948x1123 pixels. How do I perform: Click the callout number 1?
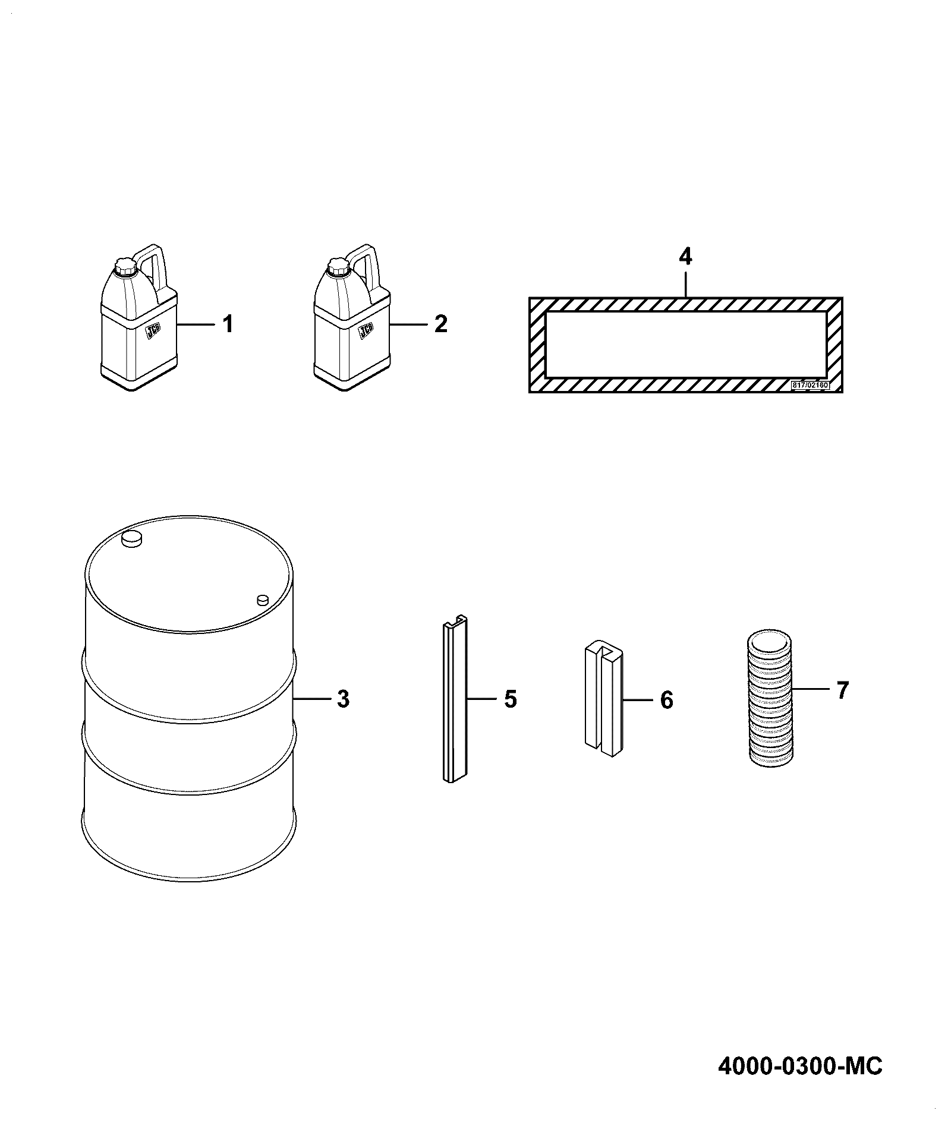point(228,324)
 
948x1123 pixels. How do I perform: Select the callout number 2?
point(440,324)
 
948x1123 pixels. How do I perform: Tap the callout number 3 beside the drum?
point(343,699)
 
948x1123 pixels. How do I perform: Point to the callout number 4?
point(685,257)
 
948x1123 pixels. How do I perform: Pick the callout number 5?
point(511,699)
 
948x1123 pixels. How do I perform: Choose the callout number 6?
point(667,701)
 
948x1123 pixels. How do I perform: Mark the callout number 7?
point(842,690)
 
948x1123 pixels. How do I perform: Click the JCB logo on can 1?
point(153,331)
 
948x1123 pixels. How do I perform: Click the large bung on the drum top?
point(132,538)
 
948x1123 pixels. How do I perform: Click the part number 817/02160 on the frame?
point(810,384)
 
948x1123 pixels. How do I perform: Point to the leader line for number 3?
point(314,699)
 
